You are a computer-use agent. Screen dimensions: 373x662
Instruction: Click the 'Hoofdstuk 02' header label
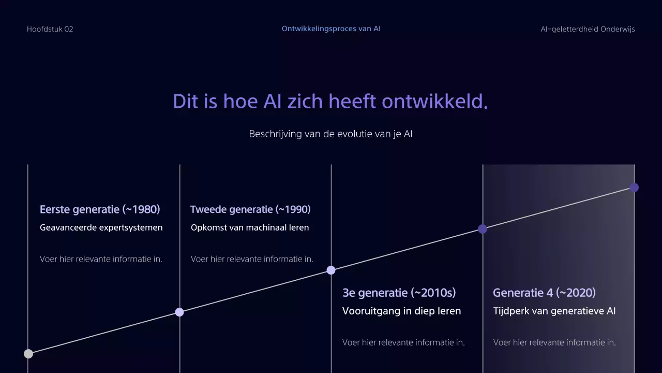50,29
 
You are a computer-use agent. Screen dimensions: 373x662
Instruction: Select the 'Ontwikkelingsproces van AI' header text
331,28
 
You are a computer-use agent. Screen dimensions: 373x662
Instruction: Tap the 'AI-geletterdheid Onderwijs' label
588,29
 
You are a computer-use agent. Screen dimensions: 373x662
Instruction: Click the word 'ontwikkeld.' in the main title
435,102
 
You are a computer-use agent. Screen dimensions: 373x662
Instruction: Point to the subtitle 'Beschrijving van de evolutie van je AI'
330,134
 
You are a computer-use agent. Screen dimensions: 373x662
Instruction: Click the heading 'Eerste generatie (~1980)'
100,209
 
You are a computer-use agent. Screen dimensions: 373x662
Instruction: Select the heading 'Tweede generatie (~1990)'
250,209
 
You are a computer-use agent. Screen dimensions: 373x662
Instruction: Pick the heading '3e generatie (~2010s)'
399,293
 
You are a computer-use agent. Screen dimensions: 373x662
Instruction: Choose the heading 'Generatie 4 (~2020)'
544,293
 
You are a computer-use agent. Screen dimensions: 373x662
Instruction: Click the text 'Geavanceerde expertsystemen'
101,227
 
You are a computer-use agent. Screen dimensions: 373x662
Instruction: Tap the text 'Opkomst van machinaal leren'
250,227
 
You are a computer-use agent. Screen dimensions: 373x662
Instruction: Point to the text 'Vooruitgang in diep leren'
401,311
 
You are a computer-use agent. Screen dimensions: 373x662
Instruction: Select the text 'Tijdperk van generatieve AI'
554,311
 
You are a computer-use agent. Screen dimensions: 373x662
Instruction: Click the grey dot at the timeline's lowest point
28,354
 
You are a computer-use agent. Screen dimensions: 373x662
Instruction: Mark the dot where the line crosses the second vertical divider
179,312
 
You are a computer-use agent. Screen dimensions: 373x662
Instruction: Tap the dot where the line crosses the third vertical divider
331,270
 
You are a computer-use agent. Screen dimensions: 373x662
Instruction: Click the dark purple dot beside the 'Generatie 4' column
483,229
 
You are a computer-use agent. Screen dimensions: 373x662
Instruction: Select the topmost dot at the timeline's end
634,188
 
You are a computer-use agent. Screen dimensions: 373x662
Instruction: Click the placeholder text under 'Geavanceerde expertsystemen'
101,259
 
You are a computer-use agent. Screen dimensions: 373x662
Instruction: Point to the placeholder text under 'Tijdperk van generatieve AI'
554,342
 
